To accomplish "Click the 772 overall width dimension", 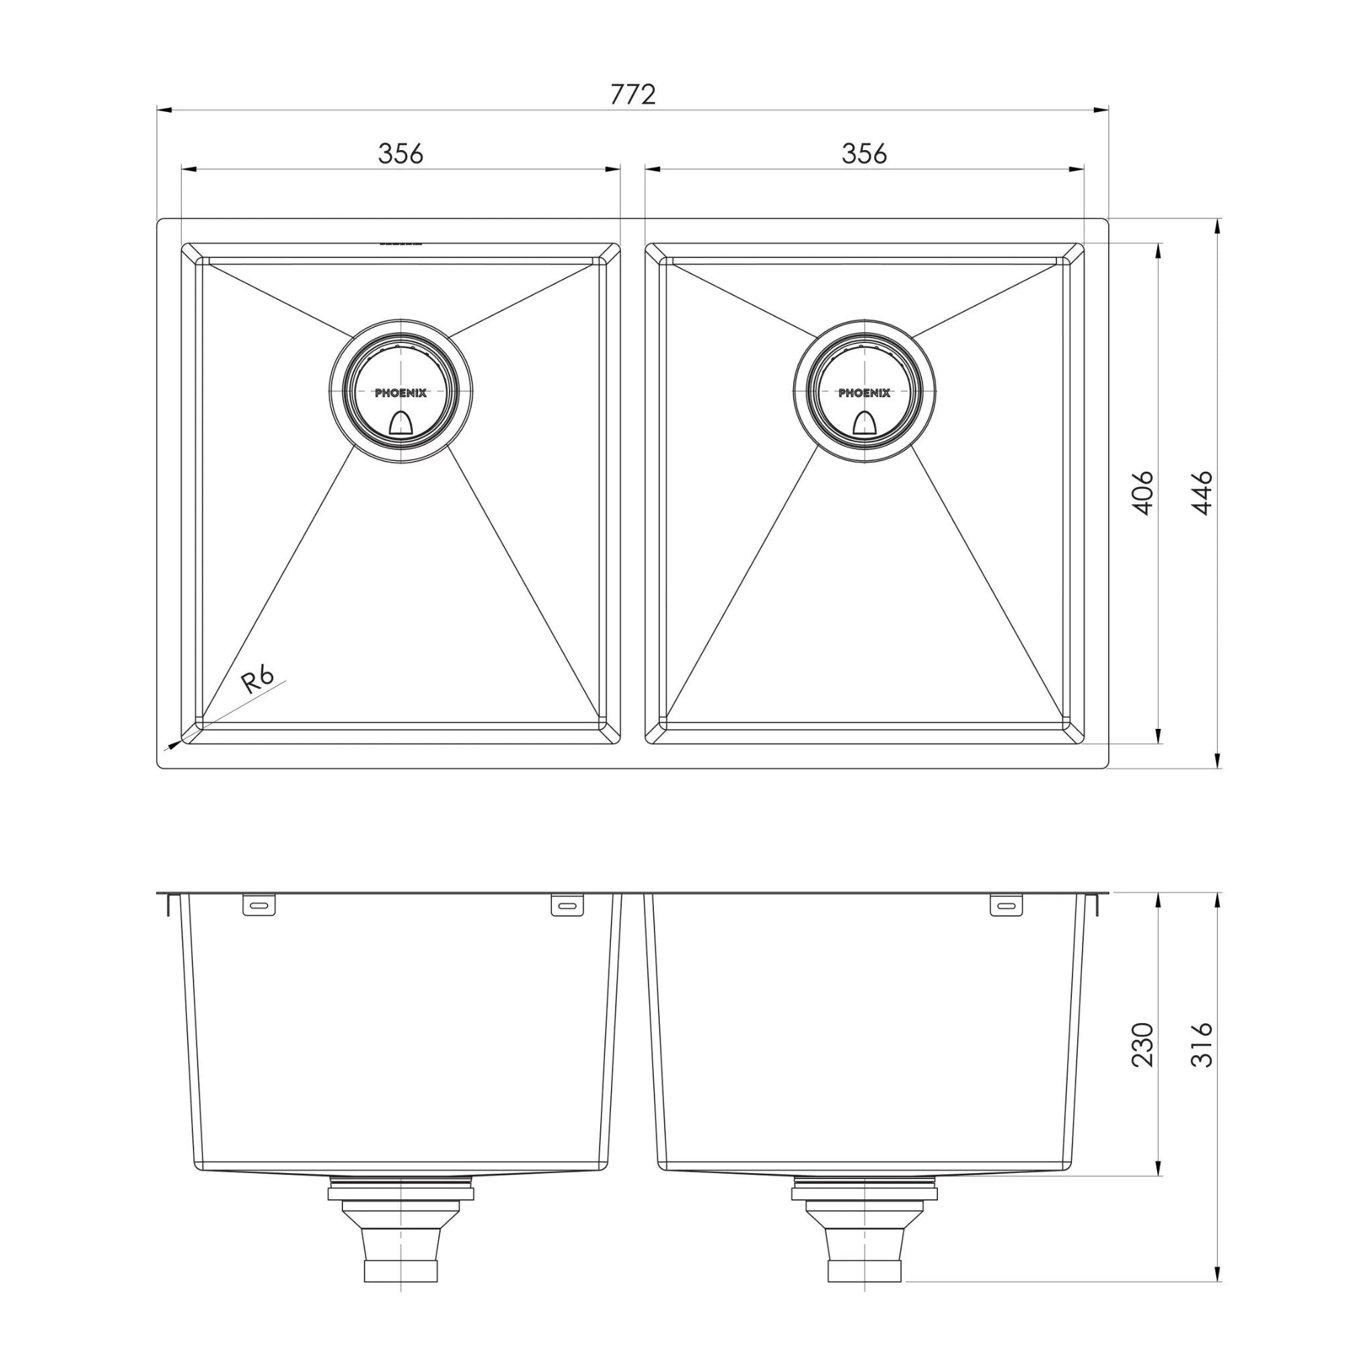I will tap(632, 94).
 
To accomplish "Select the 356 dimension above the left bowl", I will tap(400, 153).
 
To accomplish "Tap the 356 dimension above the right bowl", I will tap(864, 153).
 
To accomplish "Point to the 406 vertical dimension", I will tap(1143, 492).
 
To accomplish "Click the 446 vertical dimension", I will tap(1203, 492).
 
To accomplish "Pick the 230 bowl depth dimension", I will tap(1143, 1044).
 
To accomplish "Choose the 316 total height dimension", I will tap(1203, 1044).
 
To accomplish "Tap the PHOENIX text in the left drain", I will tap(401, 393).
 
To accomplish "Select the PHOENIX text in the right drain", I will tap(864, 393).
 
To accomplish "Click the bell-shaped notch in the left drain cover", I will tap(401, 423).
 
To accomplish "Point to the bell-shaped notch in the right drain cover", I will tap(864, 423).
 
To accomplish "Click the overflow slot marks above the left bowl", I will tap(401, 244).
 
